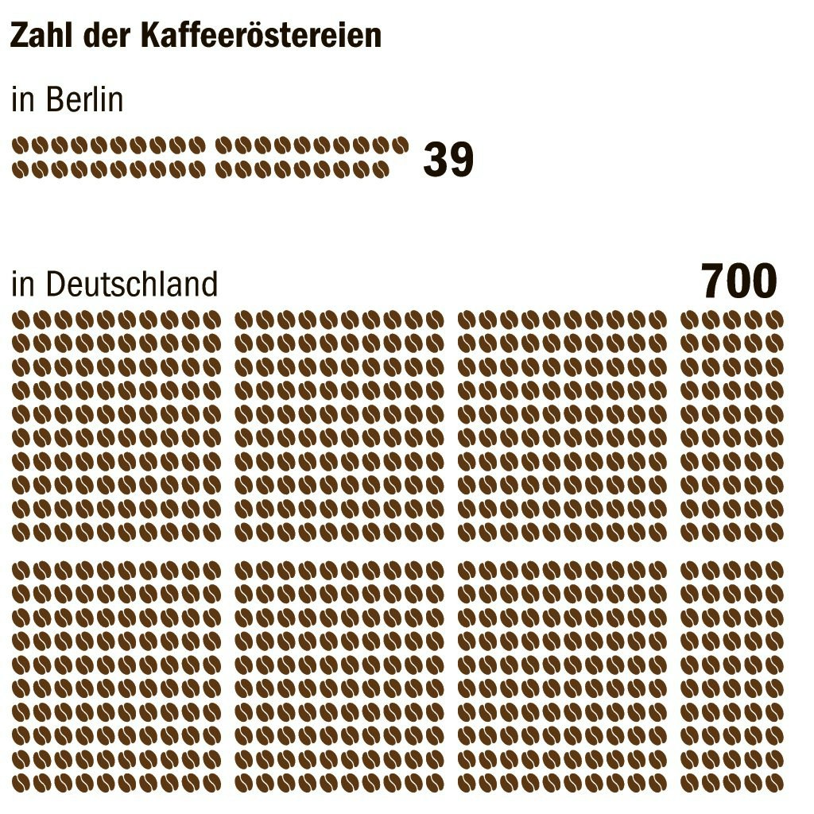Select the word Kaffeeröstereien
[261, 35]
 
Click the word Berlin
[84, 99]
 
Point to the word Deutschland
[132, 284]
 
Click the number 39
[448, 159]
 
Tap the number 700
[739, 281]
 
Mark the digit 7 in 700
[714, 281]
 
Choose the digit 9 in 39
[462, 159]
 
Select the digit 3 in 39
[436, 159]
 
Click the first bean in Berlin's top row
[20, 146]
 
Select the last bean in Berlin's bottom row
[381, 169]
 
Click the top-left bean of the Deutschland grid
[20, 320]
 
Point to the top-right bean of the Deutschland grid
[775, 320]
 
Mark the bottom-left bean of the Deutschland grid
[20, 782]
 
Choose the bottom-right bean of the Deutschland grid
[775, 782]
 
